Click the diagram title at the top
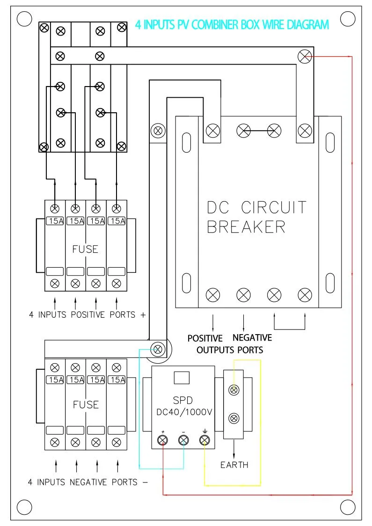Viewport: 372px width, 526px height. [x=232, y=25]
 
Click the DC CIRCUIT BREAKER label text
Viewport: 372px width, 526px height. [x=256, y=217]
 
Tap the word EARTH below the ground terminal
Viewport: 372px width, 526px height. [x=234, y=465]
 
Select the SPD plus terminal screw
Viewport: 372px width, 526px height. [x=163, y=439]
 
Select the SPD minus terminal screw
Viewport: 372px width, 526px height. [x=183, y=439]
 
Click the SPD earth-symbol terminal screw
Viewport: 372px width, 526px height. [x=204, y=439]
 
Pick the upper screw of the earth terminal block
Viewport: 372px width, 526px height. [x=233, y=390]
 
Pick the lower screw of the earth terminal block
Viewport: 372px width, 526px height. [x=233, y=417]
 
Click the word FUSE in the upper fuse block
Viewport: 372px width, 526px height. [x=85, y=249]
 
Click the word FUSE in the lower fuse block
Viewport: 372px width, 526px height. [x=86, y=404]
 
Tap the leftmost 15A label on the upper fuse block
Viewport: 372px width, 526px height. [x=55, y=221]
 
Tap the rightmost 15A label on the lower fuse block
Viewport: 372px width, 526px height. [x=117, y=380]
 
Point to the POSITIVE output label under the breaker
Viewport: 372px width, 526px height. [x=205, y=338]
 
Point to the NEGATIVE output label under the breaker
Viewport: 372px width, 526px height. [x=252, y=338]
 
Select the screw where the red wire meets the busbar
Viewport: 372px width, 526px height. [x=304, y=57]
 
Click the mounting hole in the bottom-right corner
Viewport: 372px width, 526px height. [x=348, y=506]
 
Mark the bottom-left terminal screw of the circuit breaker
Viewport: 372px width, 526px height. [x=213, y=295]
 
